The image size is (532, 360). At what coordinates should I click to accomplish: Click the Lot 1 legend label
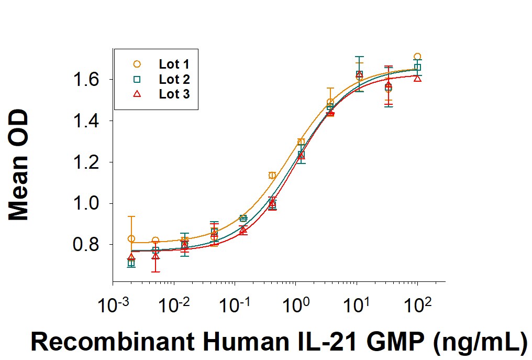(174, 64)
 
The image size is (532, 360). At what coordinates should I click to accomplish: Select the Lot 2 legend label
(174, 80)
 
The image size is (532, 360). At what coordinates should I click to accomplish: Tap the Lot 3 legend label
(174, 94)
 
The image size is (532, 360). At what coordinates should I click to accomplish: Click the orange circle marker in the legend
(137, 64)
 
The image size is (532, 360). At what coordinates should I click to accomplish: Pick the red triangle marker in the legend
(137, 94)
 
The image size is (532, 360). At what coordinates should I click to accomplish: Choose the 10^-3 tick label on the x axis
(112, 304)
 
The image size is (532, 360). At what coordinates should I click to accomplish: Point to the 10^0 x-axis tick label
(296, 304)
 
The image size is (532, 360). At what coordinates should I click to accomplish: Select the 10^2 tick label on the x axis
(417, 304)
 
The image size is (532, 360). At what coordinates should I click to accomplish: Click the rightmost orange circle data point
(417, 57)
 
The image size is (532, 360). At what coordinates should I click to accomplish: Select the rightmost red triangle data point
(417, 78)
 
